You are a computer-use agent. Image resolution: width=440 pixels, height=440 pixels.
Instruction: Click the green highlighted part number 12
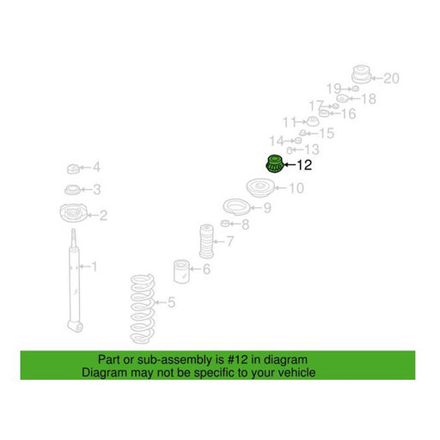[275, 164]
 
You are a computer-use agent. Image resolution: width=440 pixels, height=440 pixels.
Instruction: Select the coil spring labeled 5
[143, 309]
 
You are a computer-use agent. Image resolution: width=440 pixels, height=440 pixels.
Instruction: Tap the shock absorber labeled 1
[74, 281]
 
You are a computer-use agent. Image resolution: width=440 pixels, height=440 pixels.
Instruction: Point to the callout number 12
[304, 165]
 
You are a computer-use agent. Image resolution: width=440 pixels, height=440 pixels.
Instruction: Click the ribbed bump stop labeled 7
[207, 241]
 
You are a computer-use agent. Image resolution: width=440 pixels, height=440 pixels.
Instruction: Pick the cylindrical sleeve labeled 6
[181, 272]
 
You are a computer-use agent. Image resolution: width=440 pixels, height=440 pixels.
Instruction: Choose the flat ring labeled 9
[236, 207]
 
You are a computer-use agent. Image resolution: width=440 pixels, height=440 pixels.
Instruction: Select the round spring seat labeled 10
[260, 187]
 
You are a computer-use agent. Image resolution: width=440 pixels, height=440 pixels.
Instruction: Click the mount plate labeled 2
[74, 213]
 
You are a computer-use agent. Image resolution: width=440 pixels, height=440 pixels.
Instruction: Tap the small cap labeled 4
[73, 168]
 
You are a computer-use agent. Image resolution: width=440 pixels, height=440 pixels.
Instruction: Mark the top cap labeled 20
[361, 74]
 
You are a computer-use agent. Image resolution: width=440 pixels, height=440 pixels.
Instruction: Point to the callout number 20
[391, 78]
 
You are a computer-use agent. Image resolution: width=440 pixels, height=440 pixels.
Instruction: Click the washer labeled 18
[342, 99]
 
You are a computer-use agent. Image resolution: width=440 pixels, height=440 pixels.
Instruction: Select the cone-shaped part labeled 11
[312, 121]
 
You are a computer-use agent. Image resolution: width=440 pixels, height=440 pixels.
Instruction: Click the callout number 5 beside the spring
[171, 302]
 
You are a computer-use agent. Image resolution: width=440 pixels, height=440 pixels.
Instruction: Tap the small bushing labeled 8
[225, 223]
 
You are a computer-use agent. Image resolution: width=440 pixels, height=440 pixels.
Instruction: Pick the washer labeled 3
[72, 190]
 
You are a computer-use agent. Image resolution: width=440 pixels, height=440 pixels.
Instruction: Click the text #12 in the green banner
[238, 359]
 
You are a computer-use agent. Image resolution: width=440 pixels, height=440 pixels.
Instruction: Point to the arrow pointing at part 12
[290, 165]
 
